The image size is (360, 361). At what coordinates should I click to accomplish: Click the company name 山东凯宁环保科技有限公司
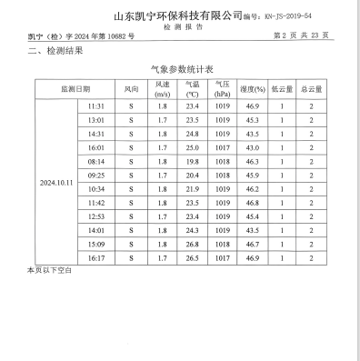point(177,15)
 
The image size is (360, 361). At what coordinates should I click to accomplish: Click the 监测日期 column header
point(75,89)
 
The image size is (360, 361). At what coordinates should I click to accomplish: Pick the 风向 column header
point(131,89)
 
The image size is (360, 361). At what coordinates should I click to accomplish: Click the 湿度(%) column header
point(252,89)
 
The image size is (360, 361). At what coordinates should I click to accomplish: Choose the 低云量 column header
point(282,89)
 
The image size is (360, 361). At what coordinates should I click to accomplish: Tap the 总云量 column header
point(311,89)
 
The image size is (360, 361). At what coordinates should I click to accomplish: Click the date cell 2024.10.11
point(56,183)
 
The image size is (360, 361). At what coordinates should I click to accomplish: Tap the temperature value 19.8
point(192,161)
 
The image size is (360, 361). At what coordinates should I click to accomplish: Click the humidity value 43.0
point(251,147)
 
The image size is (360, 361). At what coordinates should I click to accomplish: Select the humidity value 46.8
point(251,202)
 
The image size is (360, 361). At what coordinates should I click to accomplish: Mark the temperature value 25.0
point(192,147)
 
